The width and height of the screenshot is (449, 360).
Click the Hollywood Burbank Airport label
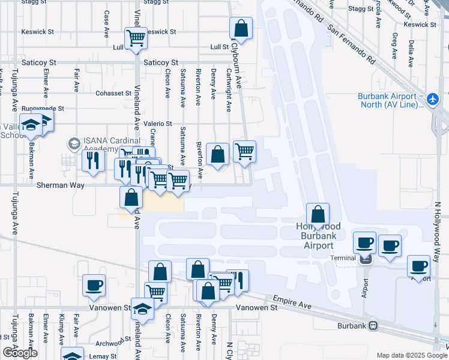(x=318, y=236)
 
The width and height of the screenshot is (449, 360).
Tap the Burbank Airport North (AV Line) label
(x=387, y=100)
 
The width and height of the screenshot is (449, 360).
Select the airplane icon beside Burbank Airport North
(x=435, y=98)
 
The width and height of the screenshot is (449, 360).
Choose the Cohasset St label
(x=113, y=94)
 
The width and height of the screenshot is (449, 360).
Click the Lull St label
(x=220, y=47)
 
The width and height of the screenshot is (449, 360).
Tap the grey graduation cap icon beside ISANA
(x=73, y=144)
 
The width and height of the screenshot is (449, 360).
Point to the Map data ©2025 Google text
(x=412, y=355)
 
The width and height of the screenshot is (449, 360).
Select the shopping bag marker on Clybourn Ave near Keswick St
(x=241, y=28)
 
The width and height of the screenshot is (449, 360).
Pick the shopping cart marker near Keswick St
(x=136, y=38)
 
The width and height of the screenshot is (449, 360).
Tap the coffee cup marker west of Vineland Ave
(x=94, y=285)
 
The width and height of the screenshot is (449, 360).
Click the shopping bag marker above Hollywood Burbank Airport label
(x=318, y=214)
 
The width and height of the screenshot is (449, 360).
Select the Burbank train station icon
(x=373, y=326)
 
